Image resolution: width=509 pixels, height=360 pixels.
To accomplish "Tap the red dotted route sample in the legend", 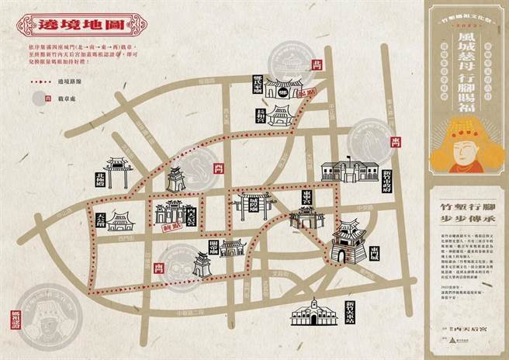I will click(32, 81).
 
